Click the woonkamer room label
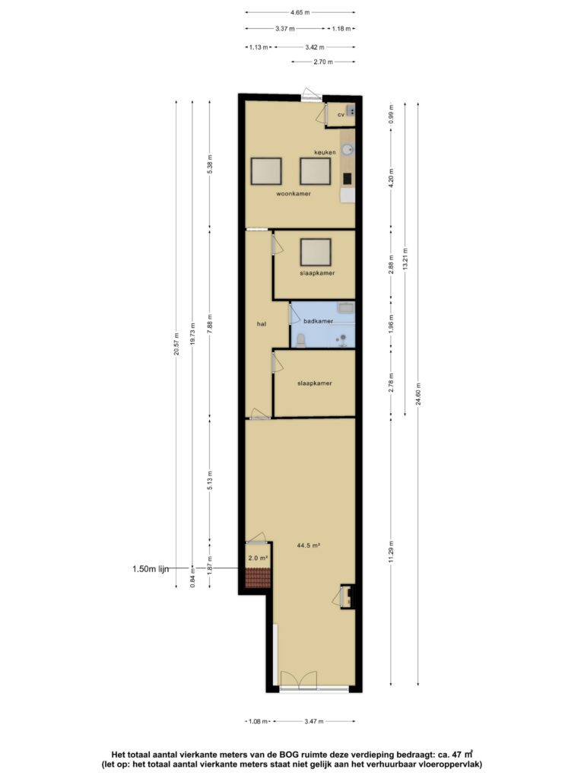294,194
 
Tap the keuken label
325,152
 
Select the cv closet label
341,115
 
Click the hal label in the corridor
262,324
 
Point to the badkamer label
319,321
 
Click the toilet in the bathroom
300,340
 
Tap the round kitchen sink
348,150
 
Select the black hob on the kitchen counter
347,178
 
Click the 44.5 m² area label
309,545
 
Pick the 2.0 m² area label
259,558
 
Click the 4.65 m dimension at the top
300,12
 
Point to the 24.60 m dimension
419,393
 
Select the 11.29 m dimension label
392,552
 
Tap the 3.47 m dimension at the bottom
314,721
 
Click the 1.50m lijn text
151,569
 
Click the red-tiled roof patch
258,578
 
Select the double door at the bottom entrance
298,680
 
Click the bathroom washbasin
346,308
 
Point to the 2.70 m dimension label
323,62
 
